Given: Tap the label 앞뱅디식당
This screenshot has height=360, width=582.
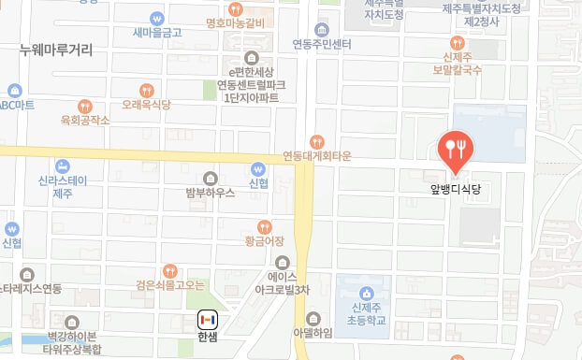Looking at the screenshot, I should click(456, 187).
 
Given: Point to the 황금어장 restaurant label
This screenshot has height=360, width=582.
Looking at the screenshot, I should click(264, 241).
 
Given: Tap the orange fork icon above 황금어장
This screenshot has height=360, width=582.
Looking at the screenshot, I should click(264, 225).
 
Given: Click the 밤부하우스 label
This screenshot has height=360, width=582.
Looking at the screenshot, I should click(211, 194).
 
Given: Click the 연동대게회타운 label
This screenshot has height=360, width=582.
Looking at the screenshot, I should click(318, 155).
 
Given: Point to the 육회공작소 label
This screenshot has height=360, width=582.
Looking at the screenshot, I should click(85, 120).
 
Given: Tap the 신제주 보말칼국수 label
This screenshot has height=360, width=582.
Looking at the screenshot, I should click(457, 63).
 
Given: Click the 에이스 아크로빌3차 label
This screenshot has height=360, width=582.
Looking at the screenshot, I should click(283, 284).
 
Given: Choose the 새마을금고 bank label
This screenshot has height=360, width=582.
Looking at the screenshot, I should click(156, 33).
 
